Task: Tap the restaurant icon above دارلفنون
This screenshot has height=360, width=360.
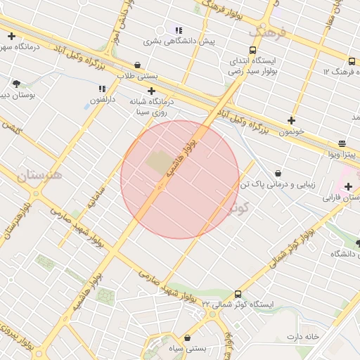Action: point(102,89)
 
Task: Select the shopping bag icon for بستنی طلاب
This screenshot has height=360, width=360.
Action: point(136,64)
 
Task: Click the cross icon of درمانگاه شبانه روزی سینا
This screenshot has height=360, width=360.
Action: point(152,91)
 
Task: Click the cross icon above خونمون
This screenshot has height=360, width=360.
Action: point(291,120)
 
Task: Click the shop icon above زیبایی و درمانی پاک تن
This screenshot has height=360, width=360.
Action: point(278,173)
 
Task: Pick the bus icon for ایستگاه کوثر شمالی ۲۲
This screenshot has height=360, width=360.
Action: point(238,294)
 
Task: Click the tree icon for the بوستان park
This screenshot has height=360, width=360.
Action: point(16,84)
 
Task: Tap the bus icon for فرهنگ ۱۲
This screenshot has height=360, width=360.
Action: point(351,62)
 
